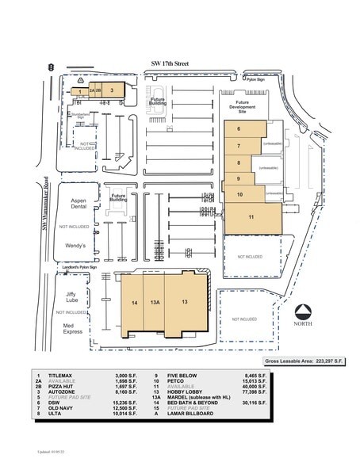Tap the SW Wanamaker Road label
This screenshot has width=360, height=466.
[x=46, y=207]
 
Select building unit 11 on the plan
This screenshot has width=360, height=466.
[x=251, y=216]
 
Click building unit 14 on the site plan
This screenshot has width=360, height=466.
[x=135, y=303]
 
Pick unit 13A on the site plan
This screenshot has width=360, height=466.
[x=156, y=303]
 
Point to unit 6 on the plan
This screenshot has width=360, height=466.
[x=239, y=128]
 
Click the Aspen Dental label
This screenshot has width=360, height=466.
[x=79, y=205]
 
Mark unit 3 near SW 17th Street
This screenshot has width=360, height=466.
[x=113, y=90]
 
